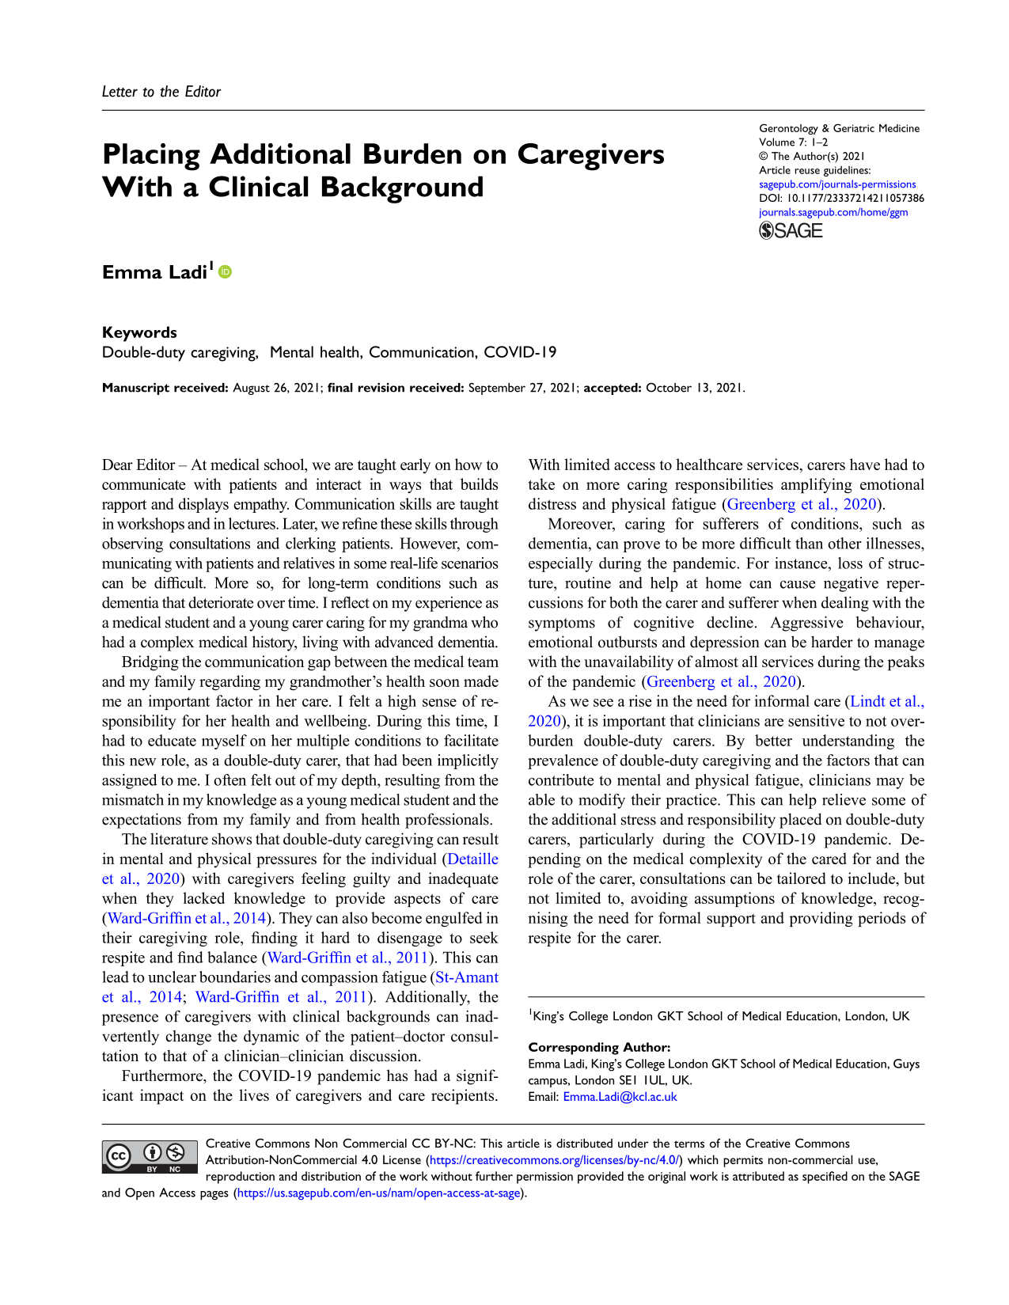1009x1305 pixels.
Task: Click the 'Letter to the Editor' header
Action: (161, 92)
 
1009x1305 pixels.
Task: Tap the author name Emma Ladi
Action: (154, 273)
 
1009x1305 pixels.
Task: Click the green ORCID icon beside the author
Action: (226, 272)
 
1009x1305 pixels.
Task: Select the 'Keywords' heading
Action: (139, 332)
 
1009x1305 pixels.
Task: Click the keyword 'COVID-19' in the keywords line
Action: (520, 352)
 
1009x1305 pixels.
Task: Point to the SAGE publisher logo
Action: (791, 230)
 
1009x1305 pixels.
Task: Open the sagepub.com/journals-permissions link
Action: (837, 184)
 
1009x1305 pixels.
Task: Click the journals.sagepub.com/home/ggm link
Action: (833, 212)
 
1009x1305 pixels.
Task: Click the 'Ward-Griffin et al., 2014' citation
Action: (187, 918)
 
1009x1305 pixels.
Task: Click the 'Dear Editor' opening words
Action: (138, 465)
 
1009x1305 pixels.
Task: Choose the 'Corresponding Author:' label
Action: (599, 1047)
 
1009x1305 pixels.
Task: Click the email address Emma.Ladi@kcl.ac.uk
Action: (620, 1097)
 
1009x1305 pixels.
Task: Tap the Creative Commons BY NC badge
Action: (150, 1157)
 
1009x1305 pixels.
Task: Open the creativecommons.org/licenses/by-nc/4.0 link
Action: (554, 1160)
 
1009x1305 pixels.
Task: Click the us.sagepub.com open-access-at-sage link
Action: (379, 1193)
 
